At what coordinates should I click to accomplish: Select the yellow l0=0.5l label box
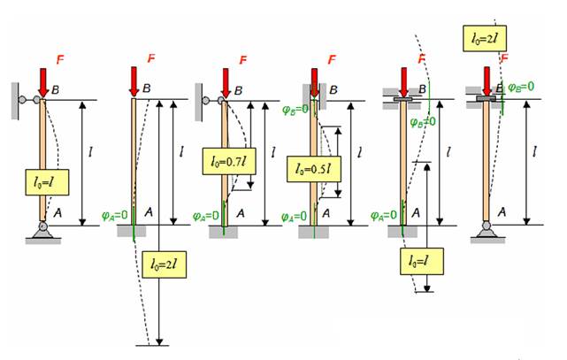click(311, 168)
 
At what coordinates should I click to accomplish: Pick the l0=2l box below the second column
click(165, 264)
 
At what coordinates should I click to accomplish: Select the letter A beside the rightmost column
click(502, 211)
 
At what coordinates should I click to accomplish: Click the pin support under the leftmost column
click(42, 233)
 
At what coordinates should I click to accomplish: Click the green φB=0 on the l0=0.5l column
click(295, 110)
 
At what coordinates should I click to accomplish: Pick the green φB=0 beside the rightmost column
click(517, 87)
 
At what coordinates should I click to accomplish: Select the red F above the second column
click(150, 58)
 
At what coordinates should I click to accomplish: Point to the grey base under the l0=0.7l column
click(224, 232)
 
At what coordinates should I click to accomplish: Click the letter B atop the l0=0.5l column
click(333, 89)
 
